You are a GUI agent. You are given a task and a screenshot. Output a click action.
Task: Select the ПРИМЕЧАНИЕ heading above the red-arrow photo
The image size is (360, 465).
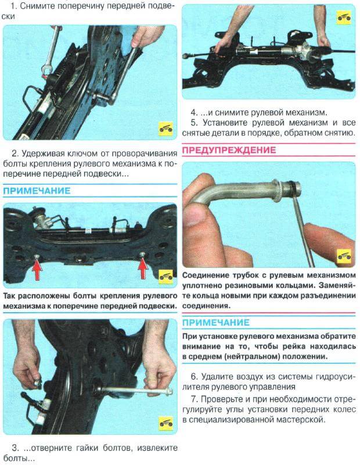[x=37, y=191]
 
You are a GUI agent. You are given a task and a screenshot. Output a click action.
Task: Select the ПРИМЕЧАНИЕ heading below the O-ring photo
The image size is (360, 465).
[x=216, y=322]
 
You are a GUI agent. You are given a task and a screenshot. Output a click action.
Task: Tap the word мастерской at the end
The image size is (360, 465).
[x=300, y=420]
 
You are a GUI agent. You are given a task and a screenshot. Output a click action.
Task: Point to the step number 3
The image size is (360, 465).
[x=15, y=448]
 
